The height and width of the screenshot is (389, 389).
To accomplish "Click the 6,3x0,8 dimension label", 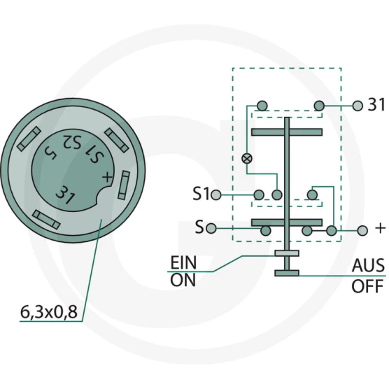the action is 49,312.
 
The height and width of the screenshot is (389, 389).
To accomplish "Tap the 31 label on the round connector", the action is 65,194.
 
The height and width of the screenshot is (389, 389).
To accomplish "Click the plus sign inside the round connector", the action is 107,177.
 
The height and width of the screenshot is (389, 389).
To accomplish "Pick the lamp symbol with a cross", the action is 247,158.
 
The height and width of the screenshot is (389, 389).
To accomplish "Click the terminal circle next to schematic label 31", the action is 358,106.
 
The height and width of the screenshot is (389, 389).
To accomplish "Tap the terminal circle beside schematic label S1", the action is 215,194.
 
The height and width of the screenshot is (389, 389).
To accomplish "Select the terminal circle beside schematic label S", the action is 211,228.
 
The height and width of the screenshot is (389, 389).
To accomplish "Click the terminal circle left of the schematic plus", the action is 362,231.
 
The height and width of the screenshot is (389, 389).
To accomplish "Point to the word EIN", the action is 183,263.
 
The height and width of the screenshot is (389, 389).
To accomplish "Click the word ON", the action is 183,280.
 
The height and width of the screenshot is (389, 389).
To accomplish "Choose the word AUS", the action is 368,265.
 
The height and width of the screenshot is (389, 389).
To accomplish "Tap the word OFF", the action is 367,286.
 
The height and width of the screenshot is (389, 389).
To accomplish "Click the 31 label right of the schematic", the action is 376,104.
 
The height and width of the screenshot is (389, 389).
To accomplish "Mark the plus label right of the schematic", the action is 381,228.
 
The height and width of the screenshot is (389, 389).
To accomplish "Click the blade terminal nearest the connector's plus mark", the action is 124,185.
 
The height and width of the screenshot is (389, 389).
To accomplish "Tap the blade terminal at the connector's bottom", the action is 47,220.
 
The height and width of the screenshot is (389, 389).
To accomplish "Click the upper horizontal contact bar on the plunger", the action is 287,132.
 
